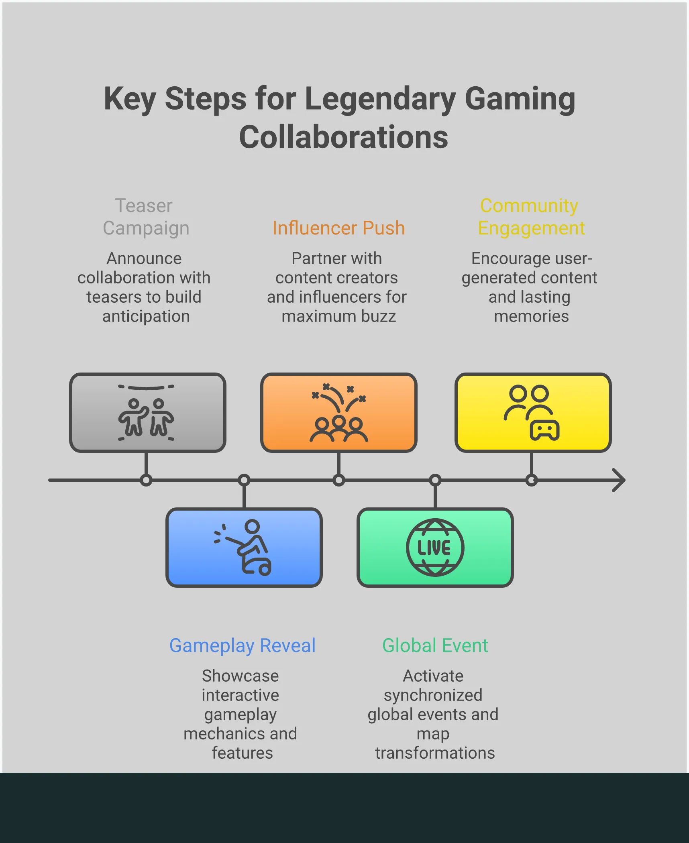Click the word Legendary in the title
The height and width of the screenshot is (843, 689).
pyautogui.click(x=380, y=99)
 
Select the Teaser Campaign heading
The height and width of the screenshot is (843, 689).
pyautogui.click(x=146, y=217)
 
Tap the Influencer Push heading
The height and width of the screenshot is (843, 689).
pyautogui.click(x=338, y=228)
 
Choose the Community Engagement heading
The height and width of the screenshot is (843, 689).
pyautogui.click(x=531, y=217)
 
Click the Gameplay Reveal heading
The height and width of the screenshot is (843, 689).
pyautogui.click(x=243, y=645)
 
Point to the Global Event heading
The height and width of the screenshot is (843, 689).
pyautogui.click(x=435, y=645)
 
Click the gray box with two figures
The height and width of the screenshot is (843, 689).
pyautogui.click(x=147, y=413)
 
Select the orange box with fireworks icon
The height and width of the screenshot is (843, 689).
pyautogui.click(x=338, y=413)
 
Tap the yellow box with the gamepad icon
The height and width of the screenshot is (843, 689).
pyautogui.click(x=533, y=413)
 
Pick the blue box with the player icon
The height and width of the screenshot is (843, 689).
pyautogui.click(x=244, y=548)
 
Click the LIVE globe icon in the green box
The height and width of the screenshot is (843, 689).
pyautogui.click(x=435, y=548)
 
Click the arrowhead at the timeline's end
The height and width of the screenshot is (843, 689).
pyautogui.click(x=619, y=480)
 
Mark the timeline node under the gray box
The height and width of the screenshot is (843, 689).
pyautogui.click(x=146, y=480)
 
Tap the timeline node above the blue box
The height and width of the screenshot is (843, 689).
pyautogui.click(x=244, y=480)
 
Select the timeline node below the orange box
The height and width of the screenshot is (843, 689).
pyautogui.click(x=339, y=480)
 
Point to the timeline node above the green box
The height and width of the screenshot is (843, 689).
pyautogui.click(x=435, y=480)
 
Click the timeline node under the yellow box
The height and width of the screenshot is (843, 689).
pyautogui.click(x=531, y=480)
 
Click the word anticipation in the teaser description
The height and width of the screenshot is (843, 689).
pyautogui.click(x=146, y=317)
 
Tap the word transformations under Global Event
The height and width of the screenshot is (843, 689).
pyautogui.click(x=435, y=753)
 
